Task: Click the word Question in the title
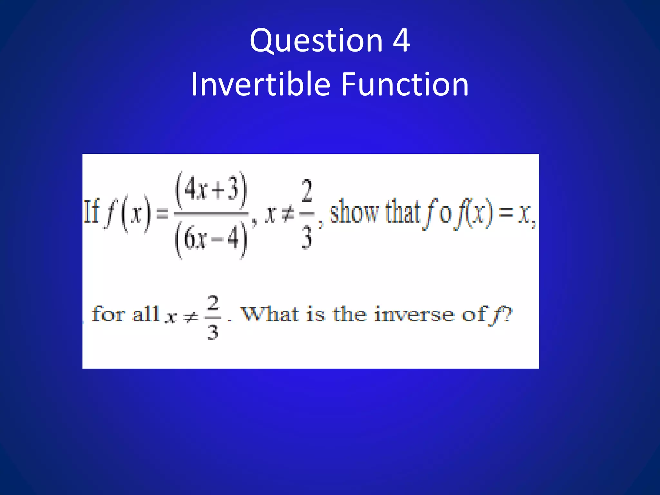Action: pyautogui.click(x=316, y=41)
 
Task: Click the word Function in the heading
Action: pyautogui.click(x=404, y=84)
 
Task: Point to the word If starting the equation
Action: pyautogui.click(x=91, y=212)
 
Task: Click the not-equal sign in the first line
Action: pyautogui.click(x=288, y=213)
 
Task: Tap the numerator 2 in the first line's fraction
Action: pyautogui.click(x=307, y=191)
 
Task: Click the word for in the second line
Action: pyautogui.click(x=108, y=314)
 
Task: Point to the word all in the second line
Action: pyautogui.click(x=146, y=314)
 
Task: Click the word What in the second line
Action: pyautogui.click(x=270, y=314)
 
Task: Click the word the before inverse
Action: pyautogui.click(x=350, y=314)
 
